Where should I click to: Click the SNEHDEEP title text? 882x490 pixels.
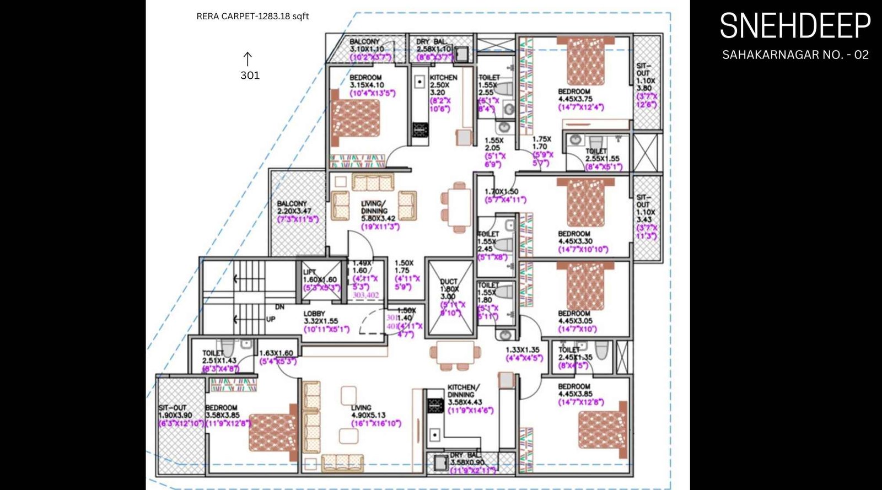click(x=795, y=26)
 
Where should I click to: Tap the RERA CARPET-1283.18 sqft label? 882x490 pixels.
click(x=252, y=17)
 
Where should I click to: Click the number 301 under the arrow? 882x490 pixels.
click(x=250, y=76)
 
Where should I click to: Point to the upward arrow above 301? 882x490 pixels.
click(x=248, y=58)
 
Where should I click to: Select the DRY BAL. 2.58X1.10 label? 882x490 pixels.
click(x=433, y=46)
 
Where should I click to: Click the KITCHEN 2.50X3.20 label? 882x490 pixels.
click(x=443, y=85)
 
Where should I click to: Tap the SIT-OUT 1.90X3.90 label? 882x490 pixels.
click(x=175, y=412)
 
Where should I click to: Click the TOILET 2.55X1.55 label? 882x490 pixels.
click(x=601, y=155)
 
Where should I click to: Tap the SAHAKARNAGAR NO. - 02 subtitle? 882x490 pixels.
click(x=795, y=55)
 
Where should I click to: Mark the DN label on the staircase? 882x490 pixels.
click(x=279, y=307)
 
